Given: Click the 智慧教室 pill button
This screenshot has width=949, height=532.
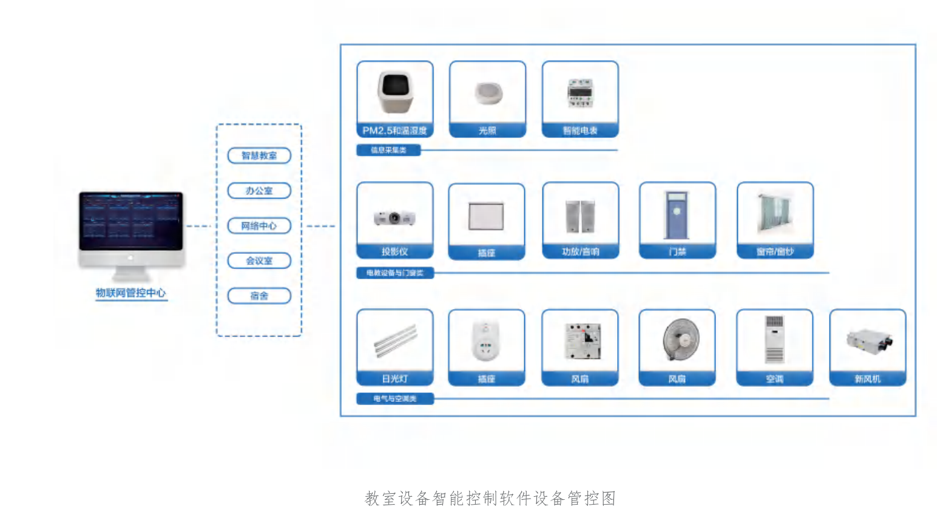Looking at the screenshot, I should [259, 155].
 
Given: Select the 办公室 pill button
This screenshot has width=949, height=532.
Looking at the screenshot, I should [259, 191].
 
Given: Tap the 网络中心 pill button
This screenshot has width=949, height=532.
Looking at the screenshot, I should [259, 226].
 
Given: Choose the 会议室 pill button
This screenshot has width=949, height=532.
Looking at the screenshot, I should [259, 261].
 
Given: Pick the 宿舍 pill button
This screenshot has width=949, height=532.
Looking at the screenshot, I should [259, 296].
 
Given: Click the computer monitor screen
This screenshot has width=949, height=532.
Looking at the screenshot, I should [130, 220].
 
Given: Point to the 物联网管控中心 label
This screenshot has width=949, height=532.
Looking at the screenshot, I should [130, 293].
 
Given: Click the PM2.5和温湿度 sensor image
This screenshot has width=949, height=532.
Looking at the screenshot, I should [395, 92].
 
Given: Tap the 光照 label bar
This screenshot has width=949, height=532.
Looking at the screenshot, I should [487, 131].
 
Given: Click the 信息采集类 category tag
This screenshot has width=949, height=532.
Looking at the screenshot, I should [388, 150].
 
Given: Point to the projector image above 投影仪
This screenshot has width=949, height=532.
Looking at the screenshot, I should [394, 217].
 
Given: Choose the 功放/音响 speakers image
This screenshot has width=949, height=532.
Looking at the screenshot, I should [580, 216].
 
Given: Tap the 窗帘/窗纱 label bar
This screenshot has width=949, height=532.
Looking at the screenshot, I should [775, 252].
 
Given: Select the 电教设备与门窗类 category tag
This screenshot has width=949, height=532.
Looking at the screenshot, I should [394, 273].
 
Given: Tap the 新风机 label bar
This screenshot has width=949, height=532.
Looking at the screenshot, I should [867, 379].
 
